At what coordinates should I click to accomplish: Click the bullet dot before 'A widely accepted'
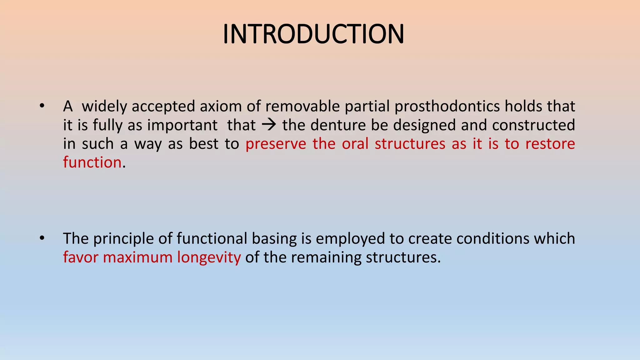click(x=42, y=106)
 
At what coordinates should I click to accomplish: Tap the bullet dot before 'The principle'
click(x=42, y=238)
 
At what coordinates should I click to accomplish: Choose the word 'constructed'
click(x=533, y=125)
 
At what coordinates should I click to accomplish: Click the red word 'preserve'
click(x=276, y=144)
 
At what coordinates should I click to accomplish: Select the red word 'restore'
click(x=550, y=144)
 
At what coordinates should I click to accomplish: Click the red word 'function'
click(x=92, y=162)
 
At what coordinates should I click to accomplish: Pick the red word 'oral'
click(x=355, y=144)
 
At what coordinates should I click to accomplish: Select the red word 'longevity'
click(x=209, y=257)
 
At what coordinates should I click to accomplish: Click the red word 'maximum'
click(x=137, y=257)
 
